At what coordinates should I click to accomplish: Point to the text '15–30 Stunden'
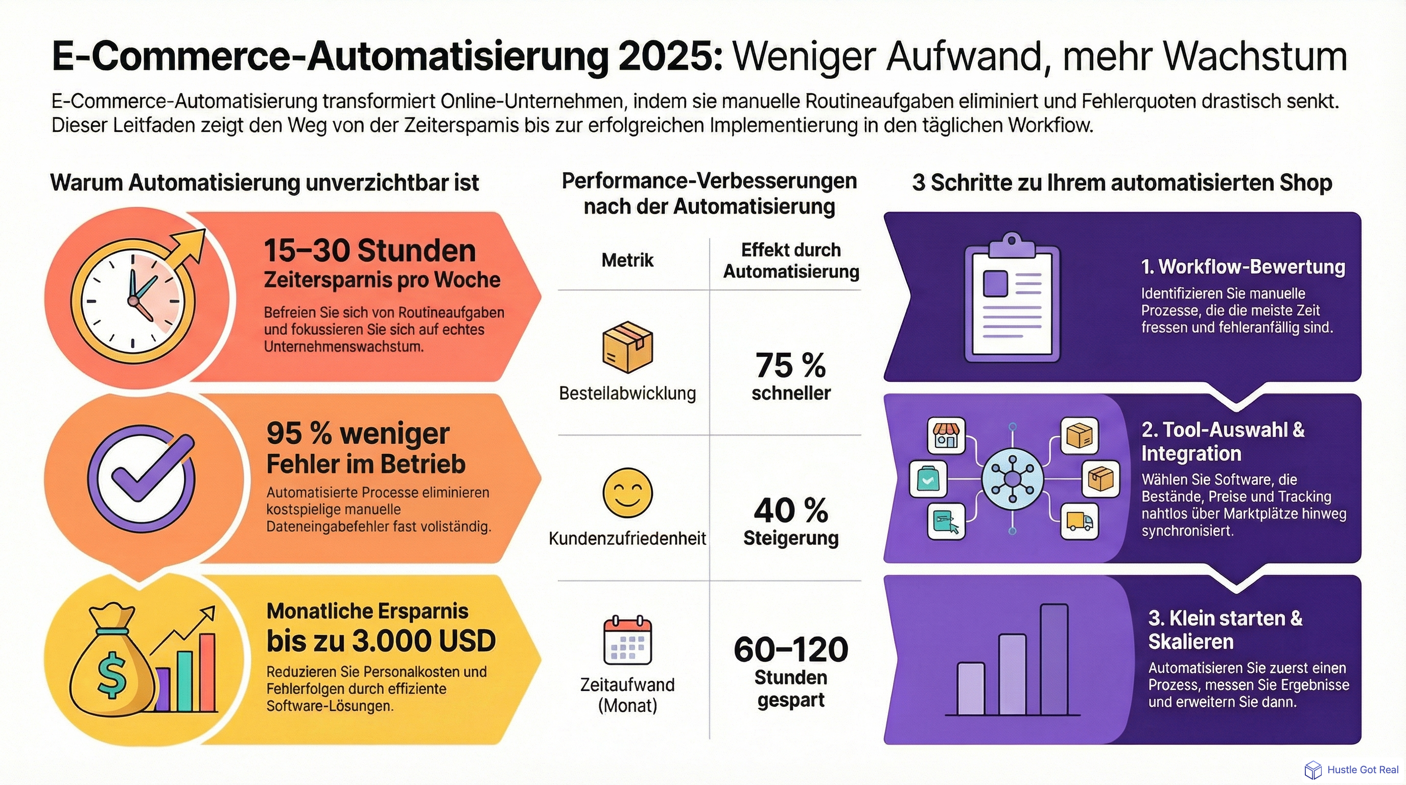(369, 250)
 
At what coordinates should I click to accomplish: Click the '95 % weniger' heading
(358, 433)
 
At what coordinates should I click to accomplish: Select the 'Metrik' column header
(627, 261)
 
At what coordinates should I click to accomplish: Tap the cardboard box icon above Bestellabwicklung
(627, 347)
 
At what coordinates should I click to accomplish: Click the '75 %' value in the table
(790, 365)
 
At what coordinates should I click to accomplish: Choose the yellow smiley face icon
(627, 493)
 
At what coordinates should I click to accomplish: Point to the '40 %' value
(790, 511)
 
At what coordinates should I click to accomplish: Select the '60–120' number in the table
(790, 650)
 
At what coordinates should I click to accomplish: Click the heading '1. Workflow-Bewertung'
(1243, 267)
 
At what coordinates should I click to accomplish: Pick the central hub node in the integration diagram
(1012, 479)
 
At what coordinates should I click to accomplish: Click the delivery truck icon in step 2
(1079, 522)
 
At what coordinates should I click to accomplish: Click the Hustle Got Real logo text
(1363, 770)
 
